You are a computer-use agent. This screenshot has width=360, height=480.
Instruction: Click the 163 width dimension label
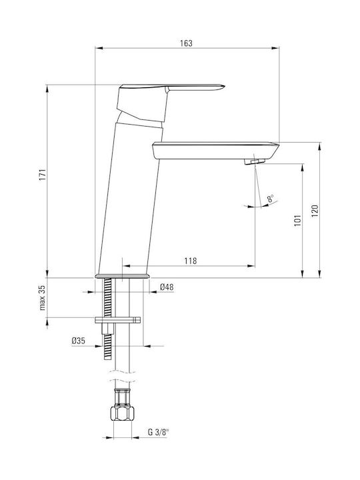186,43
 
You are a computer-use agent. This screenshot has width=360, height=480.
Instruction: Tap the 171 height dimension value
43,175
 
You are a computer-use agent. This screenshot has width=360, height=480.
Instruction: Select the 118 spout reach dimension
191,261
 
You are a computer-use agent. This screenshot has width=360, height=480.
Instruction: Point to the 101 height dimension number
297,221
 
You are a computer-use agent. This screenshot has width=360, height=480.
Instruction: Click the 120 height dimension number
315,211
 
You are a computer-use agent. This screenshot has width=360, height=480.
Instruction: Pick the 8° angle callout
271,198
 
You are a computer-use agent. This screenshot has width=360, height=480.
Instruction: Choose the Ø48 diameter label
167,287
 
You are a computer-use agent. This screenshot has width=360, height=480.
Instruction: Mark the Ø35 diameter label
79,341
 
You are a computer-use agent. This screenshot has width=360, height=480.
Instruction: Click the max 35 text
42,298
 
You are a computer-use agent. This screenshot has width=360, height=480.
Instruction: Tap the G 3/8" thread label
158,432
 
